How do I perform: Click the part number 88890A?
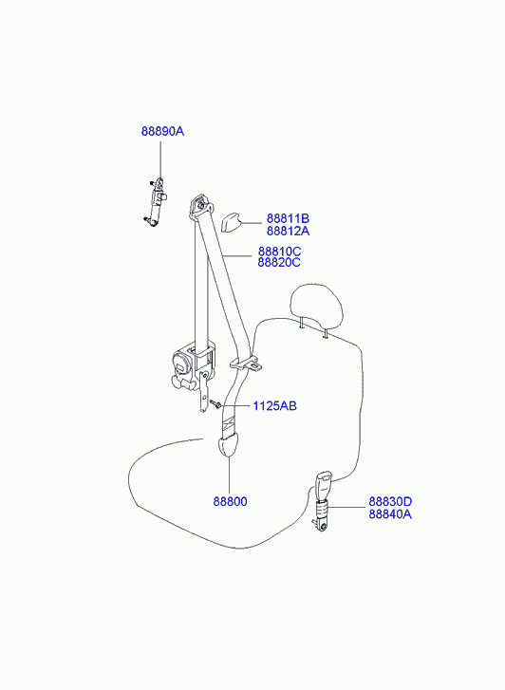click(162, 131)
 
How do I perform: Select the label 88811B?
click(288, 218)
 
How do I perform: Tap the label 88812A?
click(288, 231)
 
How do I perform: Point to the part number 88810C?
click(280, 252)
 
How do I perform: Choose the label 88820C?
click(280, 263)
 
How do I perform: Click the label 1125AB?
click(274, 405)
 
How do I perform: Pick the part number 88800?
click(231, 501)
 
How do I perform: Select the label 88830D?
click(390, 502)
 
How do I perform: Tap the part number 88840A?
click(390, 514)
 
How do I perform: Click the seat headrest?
click(316, 307)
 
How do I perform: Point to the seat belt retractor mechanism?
click(194, 365)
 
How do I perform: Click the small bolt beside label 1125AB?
click(215, 403)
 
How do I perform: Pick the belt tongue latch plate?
click(246, 364)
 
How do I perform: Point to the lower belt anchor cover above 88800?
click(228, 444)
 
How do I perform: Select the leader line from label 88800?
click(230, 476)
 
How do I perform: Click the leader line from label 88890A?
click(160, 160)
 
